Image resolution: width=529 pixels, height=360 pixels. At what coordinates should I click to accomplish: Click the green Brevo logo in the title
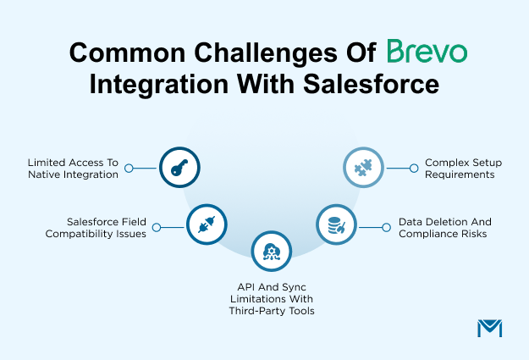pos(427,53)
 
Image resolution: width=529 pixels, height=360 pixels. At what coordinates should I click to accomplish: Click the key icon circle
pos(179,168)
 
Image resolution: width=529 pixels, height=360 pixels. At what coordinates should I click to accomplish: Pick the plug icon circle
pos(206,226)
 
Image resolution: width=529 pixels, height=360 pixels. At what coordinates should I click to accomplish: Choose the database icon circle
pos(337,225)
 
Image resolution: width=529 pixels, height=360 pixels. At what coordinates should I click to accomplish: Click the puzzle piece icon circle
pos(363,167)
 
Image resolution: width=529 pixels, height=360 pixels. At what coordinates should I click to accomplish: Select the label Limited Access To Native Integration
pos(74,168)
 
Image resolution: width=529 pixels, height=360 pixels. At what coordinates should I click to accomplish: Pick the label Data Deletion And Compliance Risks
pos(444,227)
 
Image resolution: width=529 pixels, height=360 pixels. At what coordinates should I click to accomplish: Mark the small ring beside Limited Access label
pos(129,168)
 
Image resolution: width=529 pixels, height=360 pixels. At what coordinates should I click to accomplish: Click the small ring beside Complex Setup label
pos(414,168)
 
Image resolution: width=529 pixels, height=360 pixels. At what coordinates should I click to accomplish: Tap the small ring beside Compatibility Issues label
pos(155,227)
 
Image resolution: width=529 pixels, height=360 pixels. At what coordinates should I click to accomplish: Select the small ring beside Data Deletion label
pos(388,226)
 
